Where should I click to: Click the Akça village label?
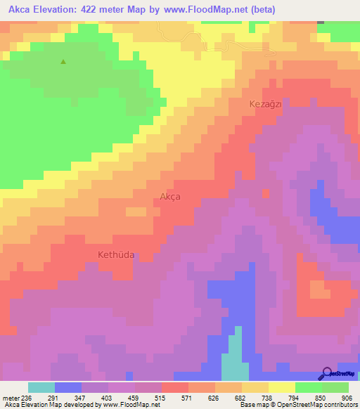(x=169, y=197)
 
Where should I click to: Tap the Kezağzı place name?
(x=266, y=104)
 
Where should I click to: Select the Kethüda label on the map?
(x=110, y=255)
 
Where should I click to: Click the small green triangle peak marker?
(x=63, y=62)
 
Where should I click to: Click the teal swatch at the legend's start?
(x=41, y=387)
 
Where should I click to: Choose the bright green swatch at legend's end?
(x=335, y=387)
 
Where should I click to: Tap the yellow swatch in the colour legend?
(x=281, y=387)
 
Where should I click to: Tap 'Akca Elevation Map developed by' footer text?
(x=53, y=404)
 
